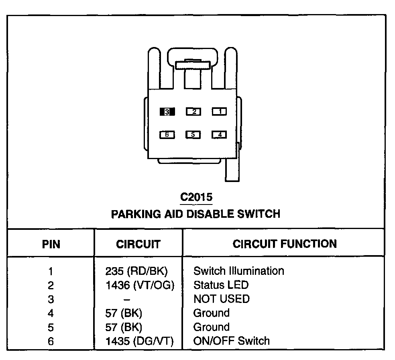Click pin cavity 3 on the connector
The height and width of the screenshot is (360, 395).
[167, 112]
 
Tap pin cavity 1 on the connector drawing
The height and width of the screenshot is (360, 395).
[219, 112]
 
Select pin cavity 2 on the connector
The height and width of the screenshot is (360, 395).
[193, 112]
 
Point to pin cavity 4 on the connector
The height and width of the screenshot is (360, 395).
[219, 135]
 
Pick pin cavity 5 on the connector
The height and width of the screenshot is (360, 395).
[193, 135]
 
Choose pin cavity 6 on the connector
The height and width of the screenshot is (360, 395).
[167, 135]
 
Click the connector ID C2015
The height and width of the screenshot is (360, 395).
[196, 197]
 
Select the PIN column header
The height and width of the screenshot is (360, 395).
[51, 244]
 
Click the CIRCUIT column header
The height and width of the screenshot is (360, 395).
[138, 244]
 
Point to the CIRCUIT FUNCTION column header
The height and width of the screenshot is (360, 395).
[285, 243]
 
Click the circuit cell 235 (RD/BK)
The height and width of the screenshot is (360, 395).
[136, 271]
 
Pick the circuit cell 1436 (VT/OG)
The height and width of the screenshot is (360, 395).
[139, 285]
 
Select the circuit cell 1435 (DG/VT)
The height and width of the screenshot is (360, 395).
[139, 342]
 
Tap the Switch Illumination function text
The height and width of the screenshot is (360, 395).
[238, 271]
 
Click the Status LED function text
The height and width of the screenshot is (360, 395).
[221, 285]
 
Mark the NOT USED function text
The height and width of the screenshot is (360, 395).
[221, 299]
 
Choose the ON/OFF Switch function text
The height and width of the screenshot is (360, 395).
[231, 342]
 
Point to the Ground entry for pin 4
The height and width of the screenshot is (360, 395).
[211, 313]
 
